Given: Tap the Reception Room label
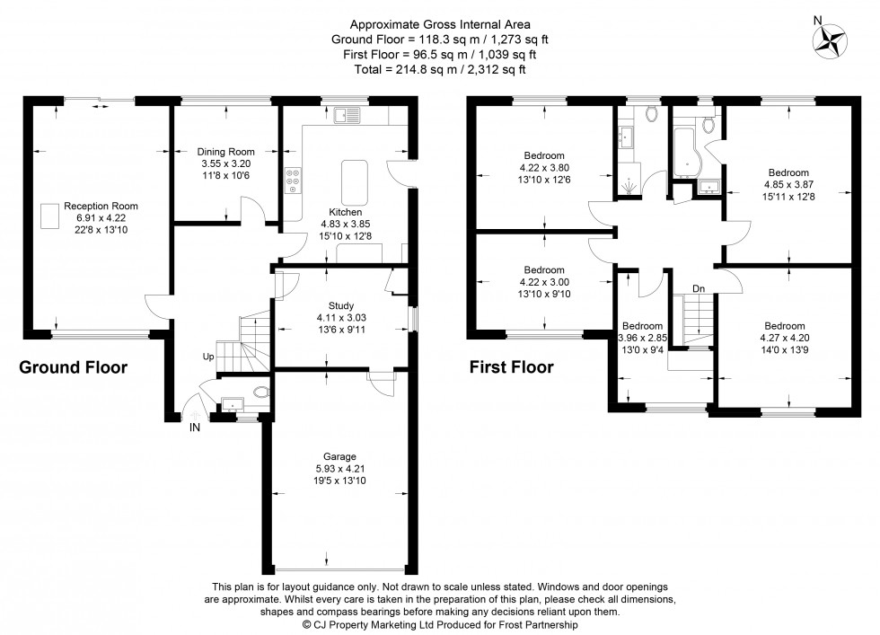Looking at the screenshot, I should tap(101, 207).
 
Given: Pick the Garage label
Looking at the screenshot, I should tap(340, 456).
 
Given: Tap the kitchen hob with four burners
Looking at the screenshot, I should tap(293, 180).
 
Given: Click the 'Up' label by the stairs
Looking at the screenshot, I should tap(207, 357).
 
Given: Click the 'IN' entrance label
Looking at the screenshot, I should tap(194, 428).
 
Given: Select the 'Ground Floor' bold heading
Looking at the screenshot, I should tap(74, 367).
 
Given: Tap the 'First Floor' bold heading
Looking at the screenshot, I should tap(511, 367).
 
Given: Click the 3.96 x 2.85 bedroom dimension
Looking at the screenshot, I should tap(641, 339).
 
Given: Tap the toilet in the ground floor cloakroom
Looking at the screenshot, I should tap(259, 392).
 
